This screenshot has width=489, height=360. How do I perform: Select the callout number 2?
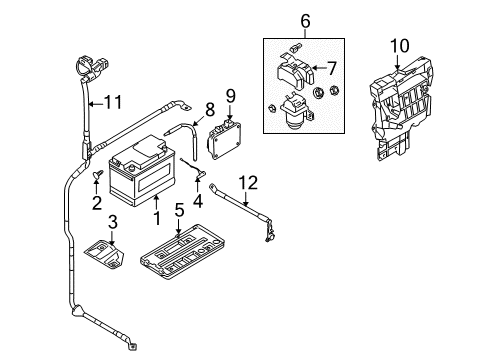coord(97,203)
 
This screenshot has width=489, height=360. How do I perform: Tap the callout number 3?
coord(113,222)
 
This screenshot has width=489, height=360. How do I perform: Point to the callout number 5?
coord(179,210)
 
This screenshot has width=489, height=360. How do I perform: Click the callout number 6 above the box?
coord(305,21)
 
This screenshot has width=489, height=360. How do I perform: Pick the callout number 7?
coord(332,68)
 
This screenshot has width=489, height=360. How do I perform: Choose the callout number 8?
coord(210,110)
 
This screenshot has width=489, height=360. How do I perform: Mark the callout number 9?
coord(230,96)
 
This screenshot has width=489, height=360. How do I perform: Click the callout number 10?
coord(400,46)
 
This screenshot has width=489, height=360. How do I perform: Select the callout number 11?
coord(113,102)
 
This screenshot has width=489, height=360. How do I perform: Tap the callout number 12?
coord(248,183)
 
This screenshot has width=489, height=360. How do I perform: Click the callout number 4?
coord(198,201)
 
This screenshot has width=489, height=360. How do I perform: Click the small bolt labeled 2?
coord(98,174)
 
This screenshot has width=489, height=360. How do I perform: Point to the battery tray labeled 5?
coord(183,252)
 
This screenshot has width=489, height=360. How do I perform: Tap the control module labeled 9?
coord(225,140)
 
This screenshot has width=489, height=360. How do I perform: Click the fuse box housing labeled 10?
coord(402,108)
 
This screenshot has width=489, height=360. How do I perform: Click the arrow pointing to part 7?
coord(320,68)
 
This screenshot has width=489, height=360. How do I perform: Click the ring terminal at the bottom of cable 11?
coord(133,346)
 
